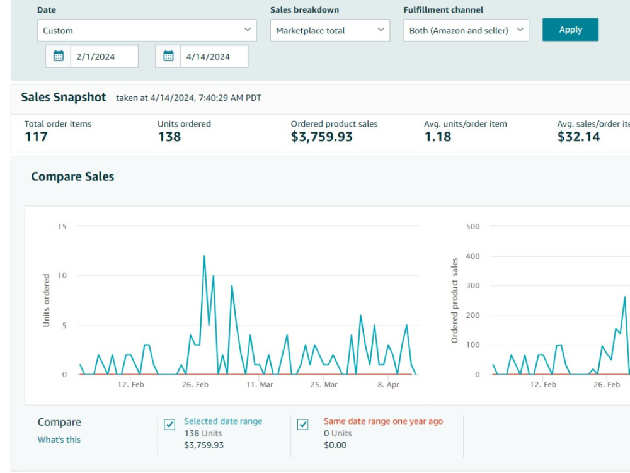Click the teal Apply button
click(570, 30)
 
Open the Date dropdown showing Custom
click(147, 30)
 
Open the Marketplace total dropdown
click(330, 30)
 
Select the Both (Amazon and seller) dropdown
click(466, 30)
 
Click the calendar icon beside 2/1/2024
click(59, 56)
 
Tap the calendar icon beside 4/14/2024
click(168, 56)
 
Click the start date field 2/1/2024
click(104, 57)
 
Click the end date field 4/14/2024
click(214, 57)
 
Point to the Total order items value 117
click(36, 137)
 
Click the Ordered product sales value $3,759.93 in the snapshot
click(321, 137)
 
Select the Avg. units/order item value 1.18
click(438, 137)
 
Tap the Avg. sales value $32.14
click(578, 137)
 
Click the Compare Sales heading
click(72, 177)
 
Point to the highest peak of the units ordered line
click(204, 256)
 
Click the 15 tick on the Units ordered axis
click(62, 227)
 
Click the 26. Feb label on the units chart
click(195, 385)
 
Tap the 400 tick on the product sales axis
click(473, 256)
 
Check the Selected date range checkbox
click(169, 425)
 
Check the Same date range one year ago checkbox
click(303, 425)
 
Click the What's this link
click(59, 440)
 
